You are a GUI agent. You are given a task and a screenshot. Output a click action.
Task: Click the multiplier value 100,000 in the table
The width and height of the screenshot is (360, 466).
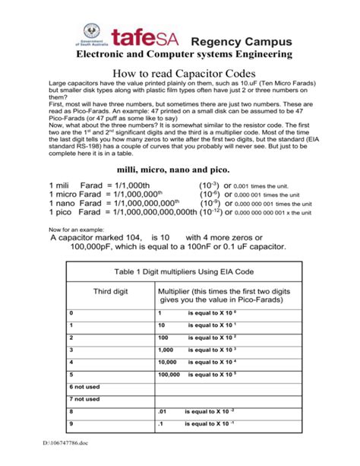pyautogui.click(x=169, y=374)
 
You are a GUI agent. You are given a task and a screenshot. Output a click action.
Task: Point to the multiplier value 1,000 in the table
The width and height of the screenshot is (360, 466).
pyautogui.click(x=167, y=350)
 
